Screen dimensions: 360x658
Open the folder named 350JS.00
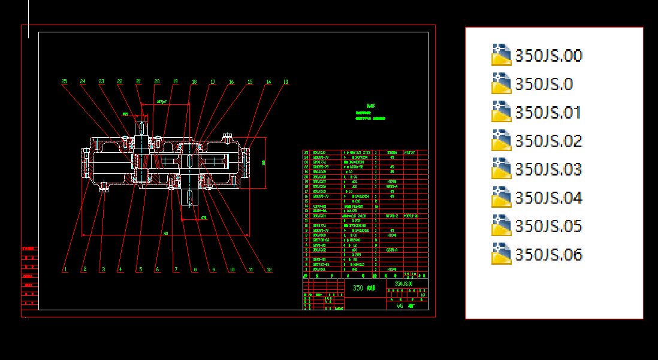pyautogui.click(x=548, y=56)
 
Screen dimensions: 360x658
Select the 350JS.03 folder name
pyautogui.click(x=548, y=170)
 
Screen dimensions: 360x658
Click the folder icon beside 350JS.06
pyautogui.click(x=500, y=254)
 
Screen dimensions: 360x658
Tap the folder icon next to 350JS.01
pyautogui.click(x=500, y=112)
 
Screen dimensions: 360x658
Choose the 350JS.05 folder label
pyautogui.click(x=548, y=226)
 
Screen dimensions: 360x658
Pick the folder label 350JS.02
pyautogui.click(x=548, y=141)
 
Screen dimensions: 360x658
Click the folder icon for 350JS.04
pyautogui.click(x=500, y=197)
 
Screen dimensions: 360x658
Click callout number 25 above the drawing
pyautogui.click(x=64, y=81)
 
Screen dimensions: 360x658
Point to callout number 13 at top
pyautogui.click(x=286, y=81)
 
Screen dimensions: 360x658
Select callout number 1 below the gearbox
pyautogui.click(x=65, y=270)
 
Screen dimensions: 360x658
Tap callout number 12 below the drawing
pyautogui.click(x=269, y=270)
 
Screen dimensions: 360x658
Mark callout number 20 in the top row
pyautogui.click(x=157, y=81)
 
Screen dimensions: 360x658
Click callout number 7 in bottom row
pyautogui.click(x=176, y=270)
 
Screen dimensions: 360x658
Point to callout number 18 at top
pyautogui.click(x=194, y=81)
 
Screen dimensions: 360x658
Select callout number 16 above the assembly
pyautogui.click(x=231, y=81)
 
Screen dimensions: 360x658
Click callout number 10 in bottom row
pyautogui.click(x=231, y=270)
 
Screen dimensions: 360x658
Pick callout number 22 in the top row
pyautogui.click(x=120, y=81)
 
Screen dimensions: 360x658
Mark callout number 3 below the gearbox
pyautogui.click(x=102, y=270)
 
